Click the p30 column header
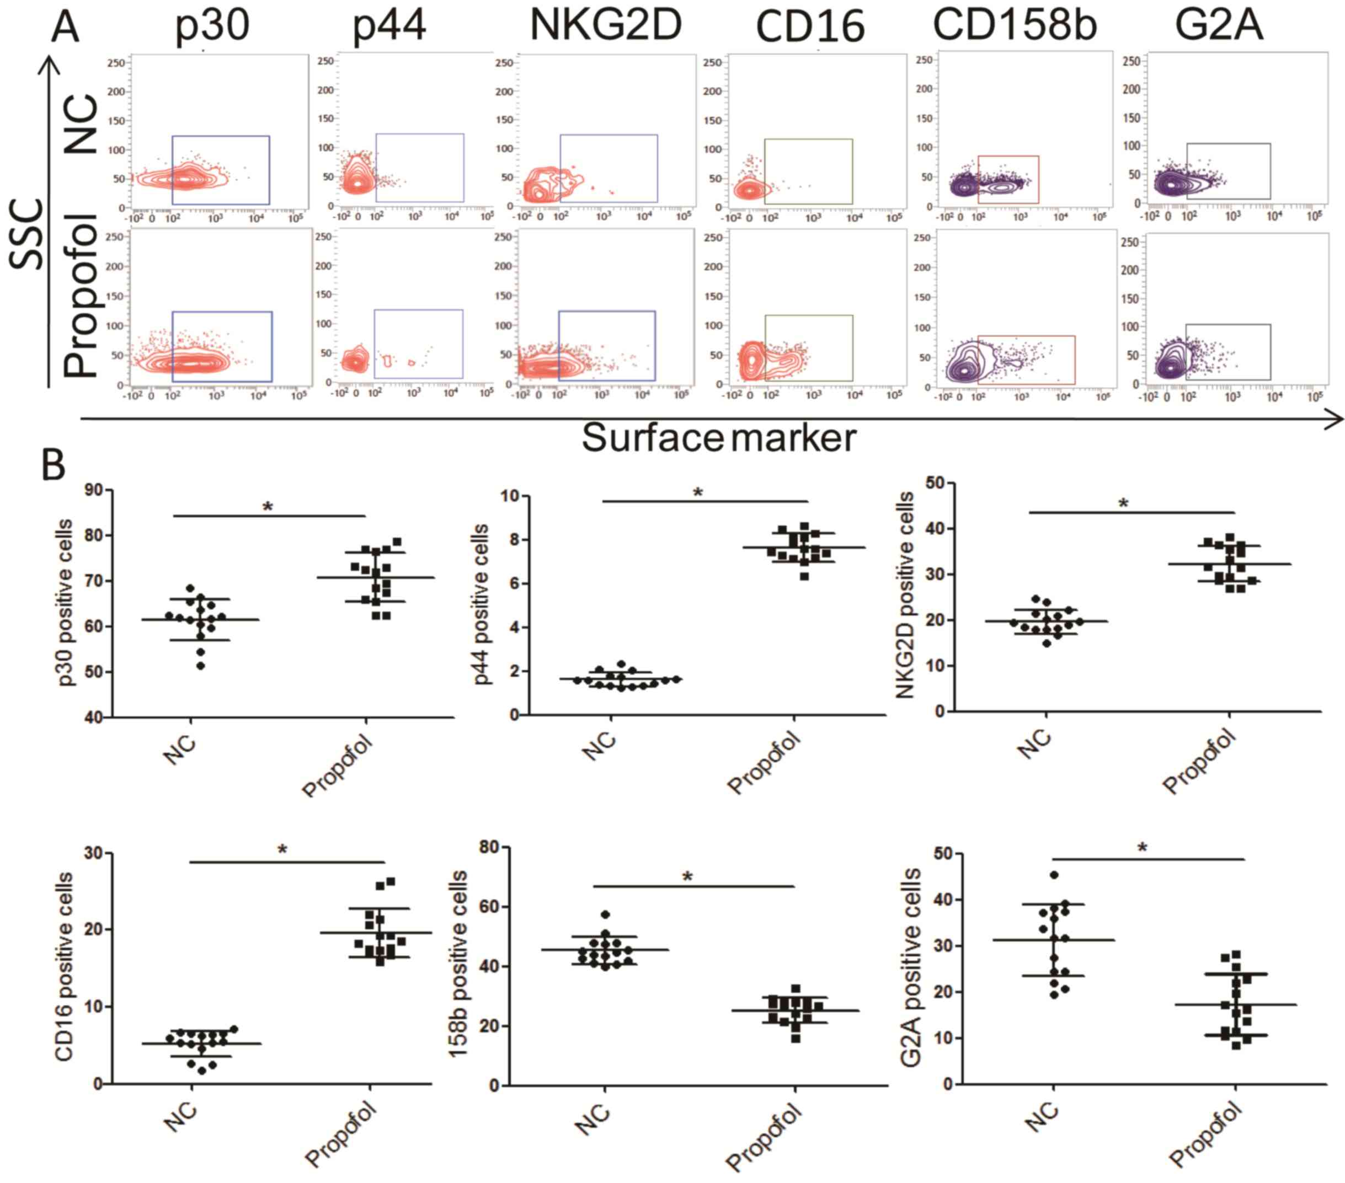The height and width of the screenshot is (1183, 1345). click(212, 26)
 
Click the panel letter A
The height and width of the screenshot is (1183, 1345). click(65, 28)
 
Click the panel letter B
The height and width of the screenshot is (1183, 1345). click(54, 464)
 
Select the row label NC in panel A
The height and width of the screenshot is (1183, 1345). click(82, 125)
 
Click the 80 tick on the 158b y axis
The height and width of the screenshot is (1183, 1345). click(488, 847)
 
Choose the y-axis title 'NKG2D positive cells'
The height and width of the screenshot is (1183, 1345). click(904, 596)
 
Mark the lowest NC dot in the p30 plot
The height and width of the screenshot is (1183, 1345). click(201, 666)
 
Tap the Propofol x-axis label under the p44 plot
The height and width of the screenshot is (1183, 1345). click(764, 763)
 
